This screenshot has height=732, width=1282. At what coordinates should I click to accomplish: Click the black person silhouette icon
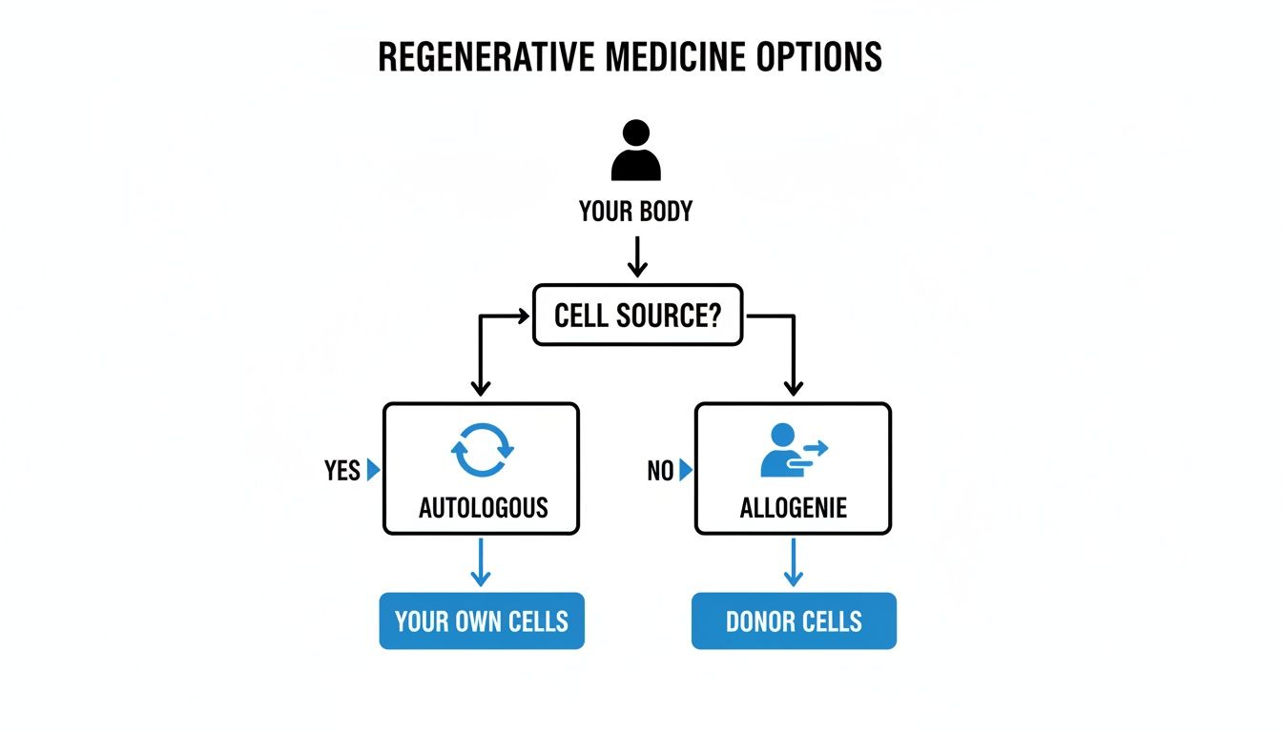[635, 151]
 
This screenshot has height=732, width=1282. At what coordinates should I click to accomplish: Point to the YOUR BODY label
[635, 212]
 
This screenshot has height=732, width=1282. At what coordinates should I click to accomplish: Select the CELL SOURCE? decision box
[636, 315]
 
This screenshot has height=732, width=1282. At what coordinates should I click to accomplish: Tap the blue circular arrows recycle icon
[482, 449]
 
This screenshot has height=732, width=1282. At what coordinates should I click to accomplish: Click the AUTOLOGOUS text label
[483, 507]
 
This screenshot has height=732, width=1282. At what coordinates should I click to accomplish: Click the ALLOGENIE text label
[793, 507]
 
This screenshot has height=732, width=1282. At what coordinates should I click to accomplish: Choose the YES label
[341, 471]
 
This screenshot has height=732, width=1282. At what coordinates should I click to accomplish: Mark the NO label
[659, 471]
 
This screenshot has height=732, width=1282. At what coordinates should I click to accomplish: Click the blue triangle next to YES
[373, 470]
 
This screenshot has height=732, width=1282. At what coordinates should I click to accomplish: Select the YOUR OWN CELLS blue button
[482, 621]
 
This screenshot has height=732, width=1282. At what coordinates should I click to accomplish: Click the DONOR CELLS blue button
[794, 621]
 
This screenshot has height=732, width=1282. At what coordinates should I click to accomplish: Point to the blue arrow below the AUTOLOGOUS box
[481, 563]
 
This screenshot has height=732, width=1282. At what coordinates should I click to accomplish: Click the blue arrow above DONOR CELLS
[793, 563]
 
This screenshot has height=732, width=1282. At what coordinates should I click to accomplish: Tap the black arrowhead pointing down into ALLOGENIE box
[793, 387]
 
